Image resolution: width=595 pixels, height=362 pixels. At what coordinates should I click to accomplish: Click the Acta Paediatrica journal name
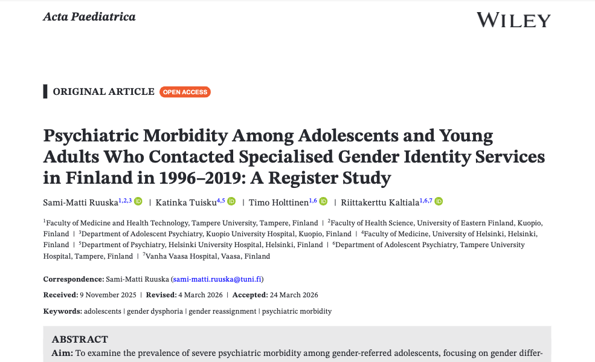(x=89, y=17)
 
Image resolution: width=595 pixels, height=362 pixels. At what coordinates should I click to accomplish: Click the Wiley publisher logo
(x=513, y=20)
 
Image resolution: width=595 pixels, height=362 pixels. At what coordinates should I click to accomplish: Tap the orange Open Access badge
(x=185, y=92)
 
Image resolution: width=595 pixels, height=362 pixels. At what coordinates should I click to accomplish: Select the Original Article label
(x=103, y=92)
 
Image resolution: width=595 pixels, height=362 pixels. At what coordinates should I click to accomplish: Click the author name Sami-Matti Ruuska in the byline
(x=80, y=202)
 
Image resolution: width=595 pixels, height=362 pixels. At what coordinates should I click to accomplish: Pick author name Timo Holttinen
(x=278, y=202)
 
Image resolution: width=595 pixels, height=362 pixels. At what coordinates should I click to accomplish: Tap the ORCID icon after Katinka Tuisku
(x=231, y=201)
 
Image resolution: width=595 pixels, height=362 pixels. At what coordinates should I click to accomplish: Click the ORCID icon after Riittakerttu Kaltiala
(x=439, y=201)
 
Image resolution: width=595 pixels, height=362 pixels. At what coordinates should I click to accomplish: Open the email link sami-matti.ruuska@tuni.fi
(x=217, y=279)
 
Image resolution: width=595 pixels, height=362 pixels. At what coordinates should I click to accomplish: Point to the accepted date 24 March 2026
(x=294, y=295)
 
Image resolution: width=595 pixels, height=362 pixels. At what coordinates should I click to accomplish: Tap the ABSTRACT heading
(x=80, y=339)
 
